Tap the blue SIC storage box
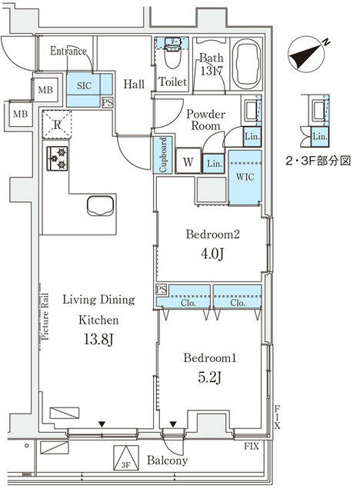click(82, 87)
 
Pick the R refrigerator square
click(56, 121)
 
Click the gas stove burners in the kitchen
click(58, 158)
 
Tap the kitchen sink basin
click(102, 206)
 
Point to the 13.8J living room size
click(98, 338)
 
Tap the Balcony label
click(169, 461)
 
